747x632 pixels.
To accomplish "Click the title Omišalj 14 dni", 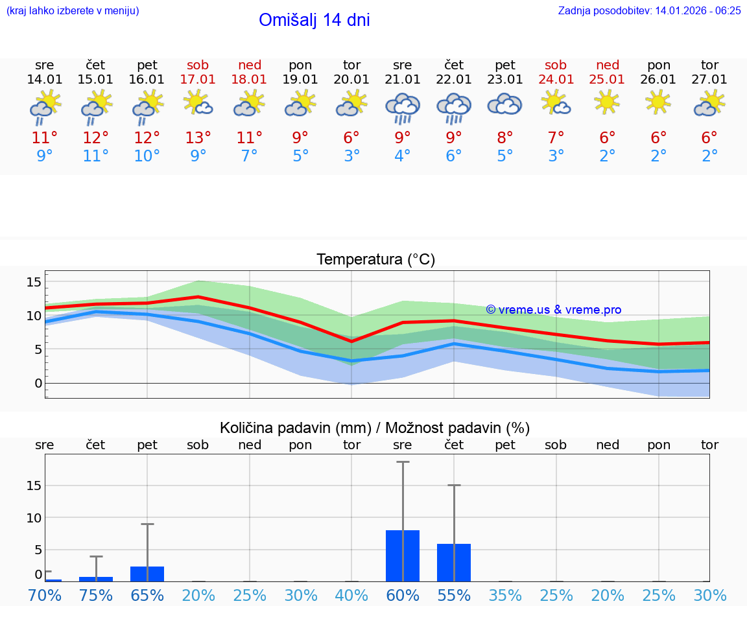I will coord(314,20).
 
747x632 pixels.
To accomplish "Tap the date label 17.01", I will coord(198,79).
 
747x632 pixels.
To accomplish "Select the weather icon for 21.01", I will coord(403,108).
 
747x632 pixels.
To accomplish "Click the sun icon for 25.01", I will coord(608,102).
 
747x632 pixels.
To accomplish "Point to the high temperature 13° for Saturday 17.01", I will coord(198,137).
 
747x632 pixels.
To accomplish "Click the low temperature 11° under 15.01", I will coord(95,156).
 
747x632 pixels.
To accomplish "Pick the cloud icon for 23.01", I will coord(504,104).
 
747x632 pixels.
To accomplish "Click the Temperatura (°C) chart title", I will coord(375,259).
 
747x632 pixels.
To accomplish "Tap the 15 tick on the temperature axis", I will coord(34,282).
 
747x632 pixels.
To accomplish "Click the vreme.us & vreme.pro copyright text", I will coord(553,310).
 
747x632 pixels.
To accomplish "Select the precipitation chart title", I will coord(375,428).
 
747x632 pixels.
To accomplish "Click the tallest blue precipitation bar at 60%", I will coord(403,556).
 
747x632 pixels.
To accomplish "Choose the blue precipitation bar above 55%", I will coord(454,562).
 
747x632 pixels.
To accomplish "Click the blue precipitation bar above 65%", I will coord(147,574).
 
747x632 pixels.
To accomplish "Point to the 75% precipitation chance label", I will coord(96,595).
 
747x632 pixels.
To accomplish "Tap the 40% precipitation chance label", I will coord(351,595).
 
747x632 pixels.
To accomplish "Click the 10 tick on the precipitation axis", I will coord(34,517).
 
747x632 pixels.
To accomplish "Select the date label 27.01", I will coord(709,79).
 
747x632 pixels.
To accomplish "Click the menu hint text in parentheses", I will coord(73,10).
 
